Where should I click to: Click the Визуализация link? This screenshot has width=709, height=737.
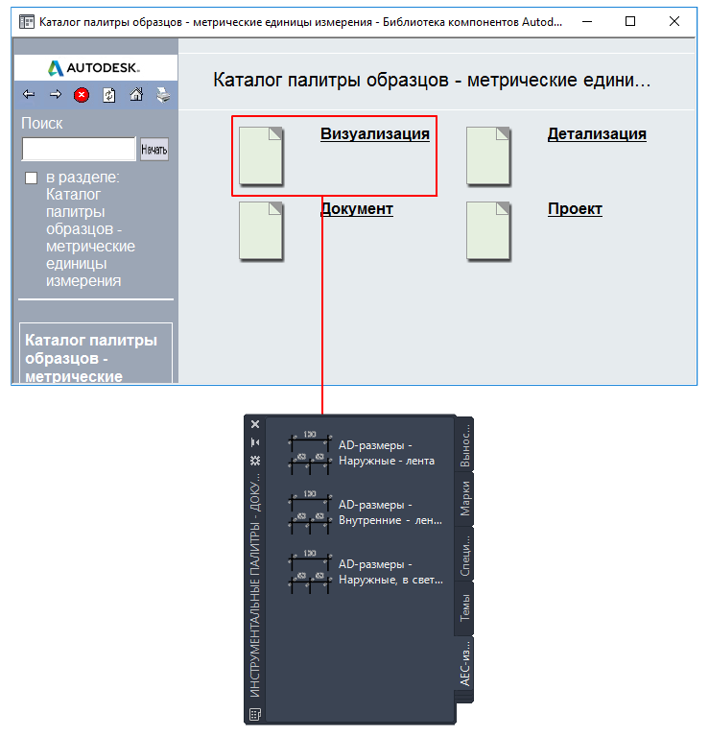click(x=375, y=134)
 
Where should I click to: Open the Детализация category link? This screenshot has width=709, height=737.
click(x=597, y=134)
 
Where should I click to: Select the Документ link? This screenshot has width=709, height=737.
click(x=357, y=208)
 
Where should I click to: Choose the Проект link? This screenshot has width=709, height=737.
click(x=575, y=208)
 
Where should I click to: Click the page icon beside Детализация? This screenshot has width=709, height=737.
click(x=488, y=156)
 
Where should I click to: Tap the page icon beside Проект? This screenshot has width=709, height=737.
click(x=488, y=231)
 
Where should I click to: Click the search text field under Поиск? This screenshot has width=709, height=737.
click(x=79, y=149)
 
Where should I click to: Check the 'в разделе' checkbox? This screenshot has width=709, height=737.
click(x=31, y=178)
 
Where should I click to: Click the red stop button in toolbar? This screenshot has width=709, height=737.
click(x=82, y=95)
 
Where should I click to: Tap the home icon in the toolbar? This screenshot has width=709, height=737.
click(x=136, y=95)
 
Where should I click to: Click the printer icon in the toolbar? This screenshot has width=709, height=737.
click(x=163, y=95)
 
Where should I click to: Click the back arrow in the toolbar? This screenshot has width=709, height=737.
click(x=29, y=94)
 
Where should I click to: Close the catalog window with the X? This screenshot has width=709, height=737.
click(x=674, y=21)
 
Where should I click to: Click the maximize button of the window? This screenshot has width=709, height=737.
click(x=630, y=21)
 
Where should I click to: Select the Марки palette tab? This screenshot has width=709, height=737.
click(x=464, y=499)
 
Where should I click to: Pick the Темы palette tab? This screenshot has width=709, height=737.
click(x=464, y=607)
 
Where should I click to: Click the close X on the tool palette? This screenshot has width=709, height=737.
click(x=255, y=424)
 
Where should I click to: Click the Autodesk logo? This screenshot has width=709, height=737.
click(x=94, y=68)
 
